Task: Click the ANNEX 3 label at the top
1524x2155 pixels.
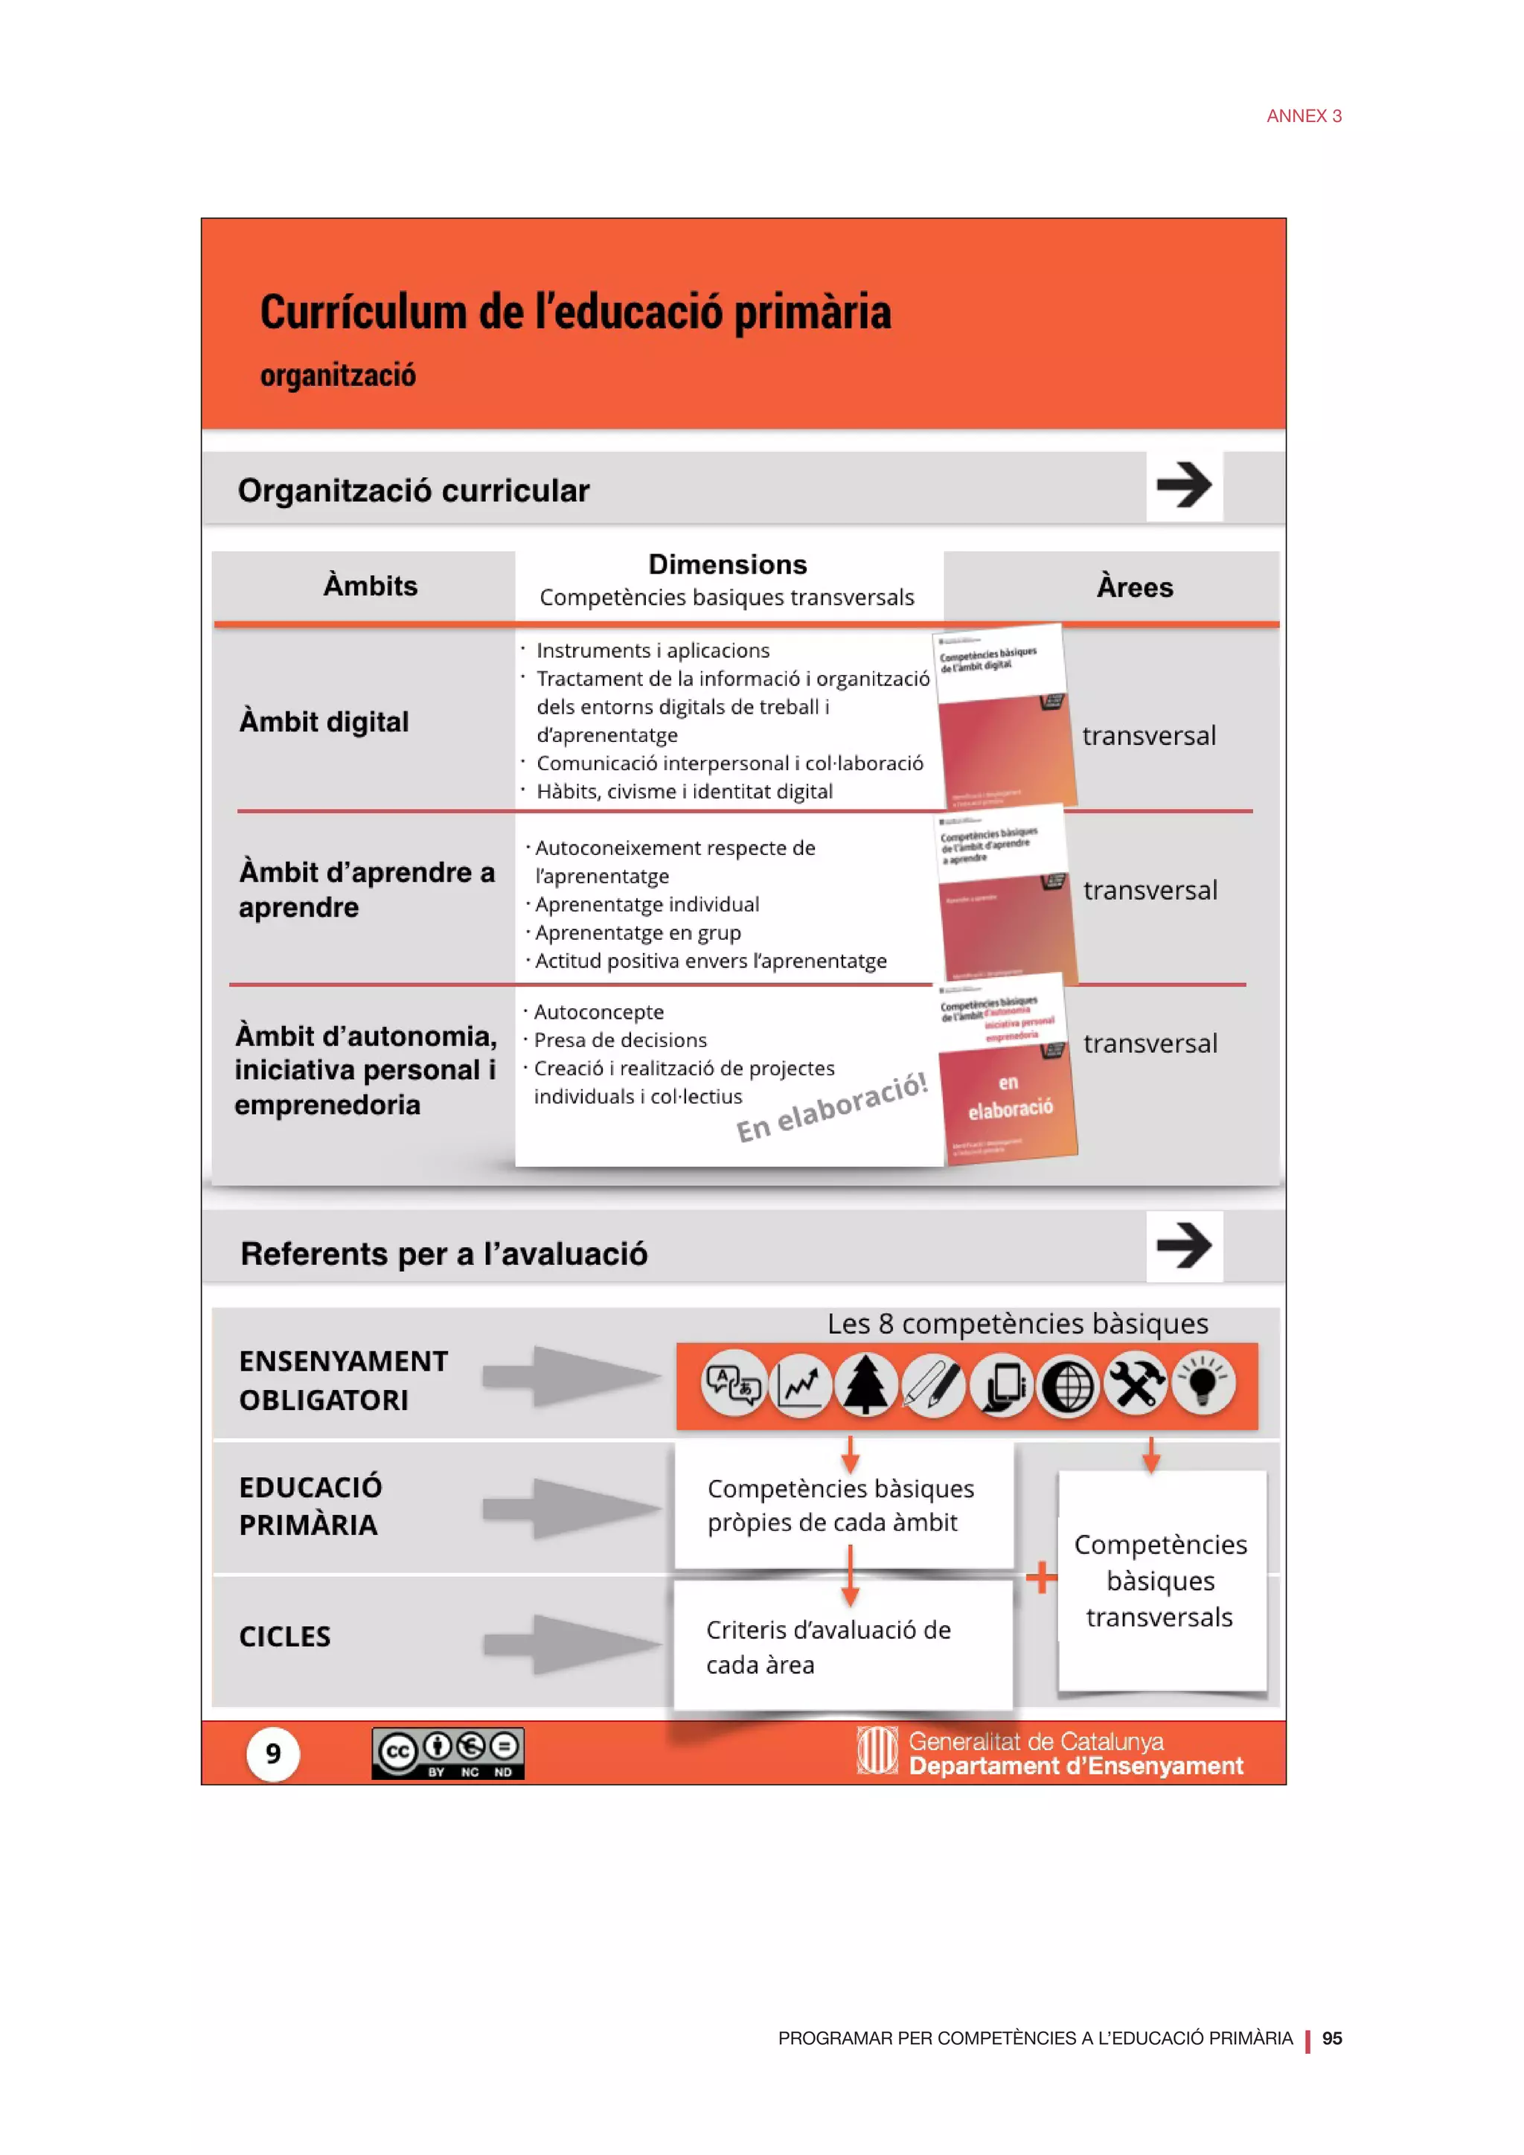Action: pyautogui.click(x=1304, y=116)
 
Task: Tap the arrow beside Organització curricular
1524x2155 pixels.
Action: pyautogui.click(x=1183, y=485)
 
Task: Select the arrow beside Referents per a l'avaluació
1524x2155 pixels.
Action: pyautogui.click(x=1183, y=1246)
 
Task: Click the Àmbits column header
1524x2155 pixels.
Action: pyautogui.click(x=370, y=586)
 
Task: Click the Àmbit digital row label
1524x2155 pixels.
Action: pyautogui.click(x=324, y=722)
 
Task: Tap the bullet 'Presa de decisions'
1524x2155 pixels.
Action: pyautogui.click(x=621, y=1040)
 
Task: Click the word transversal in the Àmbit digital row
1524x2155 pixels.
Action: pyautogui.click(x=1149, y=736)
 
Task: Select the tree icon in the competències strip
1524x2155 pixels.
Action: pyautogui.click(x=865, y=1384)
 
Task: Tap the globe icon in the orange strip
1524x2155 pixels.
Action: pyautogui.click(x=1068, y=1386)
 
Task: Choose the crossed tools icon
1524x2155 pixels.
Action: pyautogui.click(x=1136, y=1383)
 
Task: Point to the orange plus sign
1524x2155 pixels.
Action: pyautogui.click(x=1040, y=1577)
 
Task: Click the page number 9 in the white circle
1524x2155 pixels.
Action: pyautogui.click(x=273, y=1753)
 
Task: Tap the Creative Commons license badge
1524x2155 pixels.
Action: pyautogui.click(x=448, y=1753)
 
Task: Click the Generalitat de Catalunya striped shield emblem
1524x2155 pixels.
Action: pyautogui.click(x=877, y=1752)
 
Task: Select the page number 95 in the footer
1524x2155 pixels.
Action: pyautogui.click(x=1331, y=2039)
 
